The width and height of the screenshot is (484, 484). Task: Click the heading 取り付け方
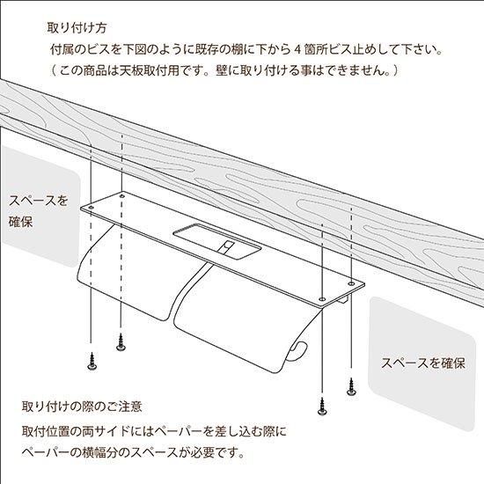pos(77,28)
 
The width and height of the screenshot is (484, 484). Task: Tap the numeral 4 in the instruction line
pos(297,49)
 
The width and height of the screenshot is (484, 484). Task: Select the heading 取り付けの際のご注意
pos(82,407)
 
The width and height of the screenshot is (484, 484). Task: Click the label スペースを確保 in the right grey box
pos(423,363)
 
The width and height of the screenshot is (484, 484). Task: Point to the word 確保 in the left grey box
pos(21,222)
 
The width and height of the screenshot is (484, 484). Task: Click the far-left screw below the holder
pos(92,362)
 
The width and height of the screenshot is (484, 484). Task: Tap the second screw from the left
pos(121,342)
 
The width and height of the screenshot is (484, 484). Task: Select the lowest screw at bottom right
pos(322,406)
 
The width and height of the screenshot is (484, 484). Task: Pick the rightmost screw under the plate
pos(351,386)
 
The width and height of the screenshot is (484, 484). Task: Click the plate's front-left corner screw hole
pos(91,208)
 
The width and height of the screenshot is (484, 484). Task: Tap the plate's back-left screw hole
pos(122,196)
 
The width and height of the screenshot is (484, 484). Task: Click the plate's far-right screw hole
pos(351,283)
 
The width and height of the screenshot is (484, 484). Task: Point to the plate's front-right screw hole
pos(322,299)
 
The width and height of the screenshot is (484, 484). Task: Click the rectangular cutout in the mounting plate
pos(217,240)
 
